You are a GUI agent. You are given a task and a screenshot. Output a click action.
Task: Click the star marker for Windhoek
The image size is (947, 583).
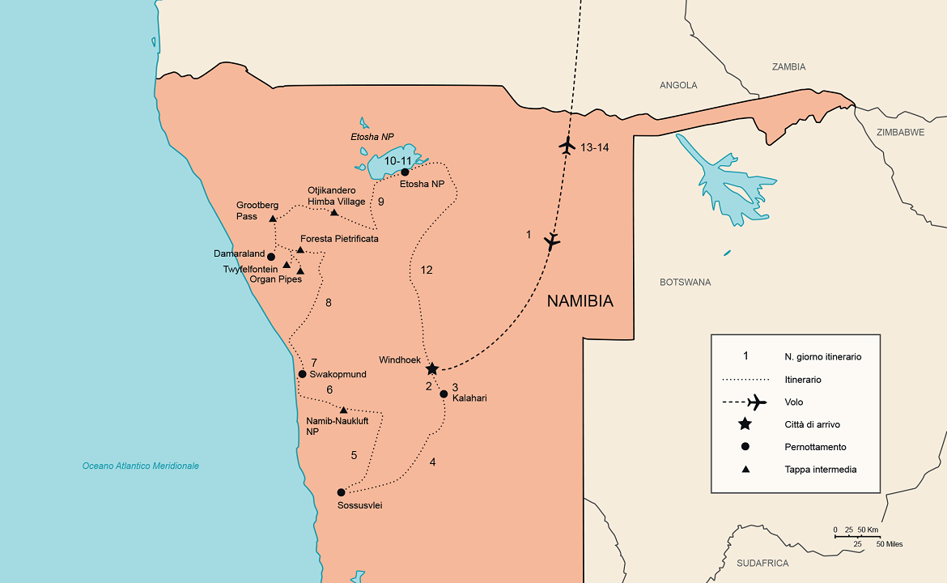432,368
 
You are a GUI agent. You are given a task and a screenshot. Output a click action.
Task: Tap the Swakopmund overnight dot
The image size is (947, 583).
302,374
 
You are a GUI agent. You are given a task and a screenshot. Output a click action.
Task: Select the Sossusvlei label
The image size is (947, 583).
359,506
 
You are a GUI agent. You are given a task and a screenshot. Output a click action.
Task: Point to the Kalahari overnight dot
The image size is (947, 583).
444,394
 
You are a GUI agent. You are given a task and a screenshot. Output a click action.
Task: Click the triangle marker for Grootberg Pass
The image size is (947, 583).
273,219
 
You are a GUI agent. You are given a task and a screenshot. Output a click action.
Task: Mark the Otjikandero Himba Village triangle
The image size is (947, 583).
333,212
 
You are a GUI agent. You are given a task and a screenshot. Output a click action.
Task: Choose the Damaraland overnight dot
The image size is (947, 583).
271,257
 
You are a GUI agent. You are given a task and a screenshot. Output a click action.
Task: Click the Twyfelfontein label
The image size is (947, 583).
250,268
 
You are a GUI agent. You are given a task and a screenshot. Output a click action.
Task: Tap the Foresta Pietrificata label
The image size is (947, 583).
339,239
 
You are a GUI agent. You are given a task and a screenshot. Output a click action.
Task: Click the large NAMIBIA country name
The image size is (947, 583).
580,301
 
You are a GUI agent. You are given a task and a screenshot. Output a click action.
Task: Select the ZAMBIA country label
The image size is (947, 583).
788,67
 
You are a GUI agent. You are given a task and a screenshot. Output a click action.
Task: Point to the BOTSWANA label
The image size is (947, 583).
685,283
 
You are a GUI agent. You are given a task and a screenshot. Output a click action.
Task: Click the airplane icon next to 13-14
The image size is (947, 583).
567,147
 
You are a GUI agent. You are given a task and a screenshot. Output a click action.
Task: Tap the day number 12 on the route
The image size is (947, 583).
427,270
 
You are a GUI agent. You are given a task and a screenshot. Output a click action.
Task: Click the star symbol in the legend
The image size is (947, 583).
745,424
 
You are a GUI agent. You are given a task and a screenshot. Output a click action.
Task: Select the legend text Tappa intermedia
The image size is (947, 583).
820,470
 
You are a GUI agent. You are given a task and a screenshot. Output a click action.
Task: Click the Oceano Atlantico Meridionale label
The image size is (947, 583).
140,466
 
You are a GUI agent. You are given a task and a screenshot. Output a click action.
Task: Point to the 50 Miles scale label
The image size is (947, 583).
888,544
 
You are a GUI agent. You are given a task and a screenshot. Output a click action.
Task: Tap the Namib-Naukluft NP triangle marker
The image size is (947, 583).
343,410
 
